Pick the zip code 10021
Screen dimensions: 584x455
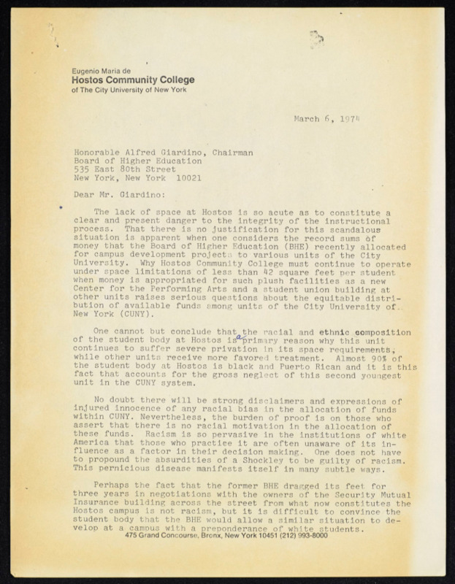pos(188,178)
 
